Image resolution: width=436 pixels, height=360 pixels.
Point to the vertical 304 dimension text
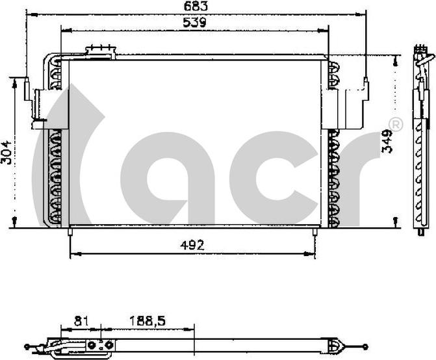[6, 152]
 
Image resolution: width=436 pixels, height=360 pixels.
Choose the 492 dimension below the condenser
[192, 245]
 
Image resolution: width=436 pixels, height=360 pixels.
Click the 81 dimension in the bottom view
[81, 321]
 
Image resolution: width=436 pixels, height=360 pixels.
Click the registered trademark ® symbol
[394, 124]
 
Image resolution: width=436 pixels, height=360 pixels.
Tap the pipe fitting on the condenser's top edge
[101, 51]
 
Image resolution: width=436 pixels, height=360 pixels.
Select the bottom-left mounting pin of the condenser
[69, 231]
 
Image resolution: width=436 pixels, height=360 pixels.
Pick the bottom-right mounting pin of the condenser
[316, 231]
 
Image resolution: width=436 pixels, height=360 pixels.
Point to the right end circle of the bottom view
[366, 346]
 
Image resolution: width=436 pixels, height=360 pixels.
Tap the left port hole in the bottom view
[92, 345]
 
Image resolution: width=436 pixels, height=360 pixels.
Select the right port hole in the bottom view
[109, 345]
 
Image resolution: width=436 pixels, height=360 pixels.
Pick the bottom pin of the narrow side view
[422, 231]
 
